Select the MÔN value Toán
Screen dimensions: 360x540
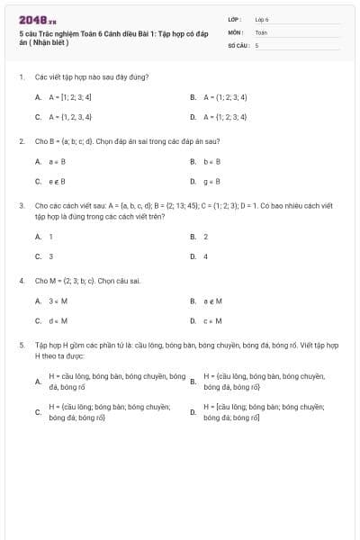coord(261,31)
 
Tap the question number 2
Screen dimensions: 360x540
coord(21,141)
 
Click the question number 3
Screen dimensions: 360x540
coord(21,205)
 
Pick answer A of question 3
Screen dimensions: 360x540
coord(44,236)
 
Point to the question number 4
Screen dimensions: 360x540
coord(21,281)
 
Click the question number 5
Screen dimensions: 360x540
coord(21,345)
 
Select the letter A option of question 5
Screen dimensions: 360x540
coord(38,382)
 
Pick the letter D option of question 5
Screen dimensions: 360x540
coord(193,412)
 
